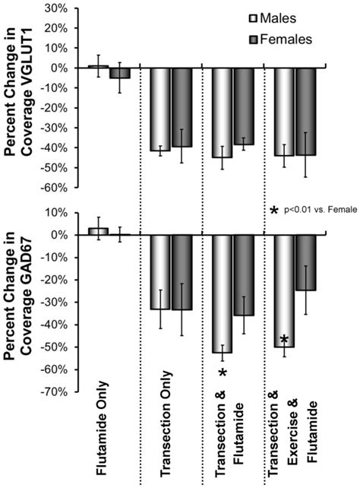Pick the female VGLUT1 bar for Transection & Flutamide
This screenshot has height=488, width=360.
pos(244,106)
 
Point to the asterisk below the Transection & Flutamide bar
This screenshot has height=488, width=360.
pos(223,372)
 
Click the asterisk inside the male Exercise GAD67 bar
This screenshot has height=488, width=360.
pos(284,339)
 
